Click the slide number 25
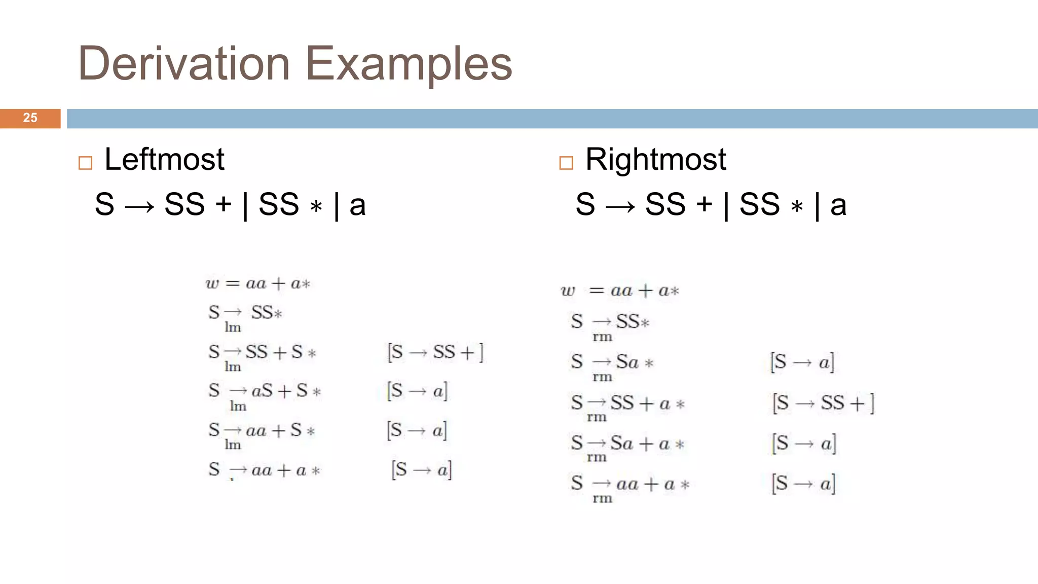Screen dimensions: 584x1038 [30, 118]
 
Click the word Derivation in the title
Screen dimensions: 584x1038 [183, 64]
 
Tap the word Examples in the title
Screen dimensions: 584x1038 [409, 64]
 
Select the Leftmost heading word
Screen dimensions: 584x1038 [164, 159]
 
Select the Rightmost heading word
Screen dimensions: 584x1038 [655, 159]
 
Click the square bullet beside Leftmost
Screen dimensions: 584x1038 [85, 163]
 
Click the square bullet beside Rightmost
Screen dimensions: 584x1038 [566, 163]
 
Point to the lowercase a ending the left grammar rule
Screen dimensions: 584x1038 [357, 205]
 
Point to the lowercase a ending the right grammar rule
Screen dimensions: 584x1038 [838, 205]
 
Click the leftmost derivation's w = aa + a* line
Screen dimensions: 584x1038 [257, 283]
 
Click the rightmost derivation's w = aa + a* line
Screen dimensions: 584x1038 [619, 290]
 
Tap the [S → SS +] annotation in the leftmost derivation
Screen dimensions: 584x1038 [435, 352]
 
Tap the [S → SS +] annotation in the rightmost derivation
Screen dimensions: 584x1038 [823, 404]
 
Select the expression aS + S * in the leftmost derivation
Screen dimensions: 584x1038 [286, 391]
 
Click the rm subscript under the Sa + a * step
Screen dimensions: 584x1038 [597, 457]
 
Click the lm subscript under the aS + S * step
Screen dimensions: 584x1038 [238, 406]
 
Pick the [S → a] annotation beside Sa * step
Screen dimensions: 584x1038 [802, 362]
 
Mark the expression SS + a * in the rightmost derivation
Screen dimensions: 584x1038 [647, 404]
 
